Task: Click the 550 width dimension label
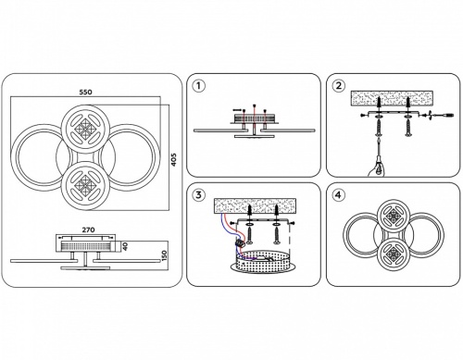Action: pos(85,92)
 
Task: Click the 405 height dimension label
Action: pos(174,160)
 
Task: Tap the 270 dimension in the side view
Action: pos(88,230)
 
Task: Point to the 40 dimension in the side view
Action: pos(125,246)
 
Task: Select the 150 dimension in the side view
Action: pos(164,255)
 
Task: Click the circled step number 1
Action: pos(198,86)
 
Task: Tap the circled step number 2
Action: pos(339,86)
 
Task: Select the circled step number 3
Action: pos(198,195)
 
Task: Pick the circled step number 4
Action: pos(339,195)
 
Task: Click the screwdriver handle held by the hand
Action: pos(379,166)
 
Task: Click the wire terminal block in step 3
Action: pos(240,243)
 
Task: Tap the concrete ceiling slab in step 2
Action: pos(392,98)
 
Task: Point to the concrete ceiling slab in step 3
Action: pos(255,205)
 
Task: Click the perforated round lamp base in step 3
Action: pos(263,262)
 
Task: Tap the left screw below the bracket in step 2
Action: pos(379,128)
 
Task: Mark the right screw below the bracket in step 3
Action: pos(277,235)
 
